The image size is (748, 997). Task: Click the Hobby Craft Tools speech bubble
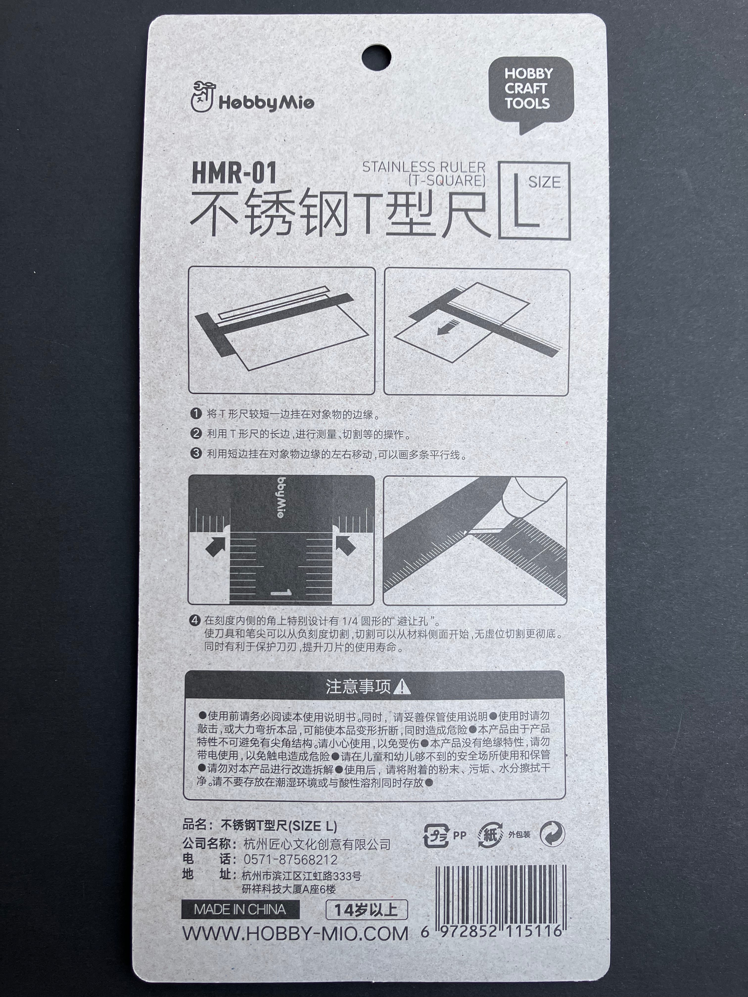tap(531, 89)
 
